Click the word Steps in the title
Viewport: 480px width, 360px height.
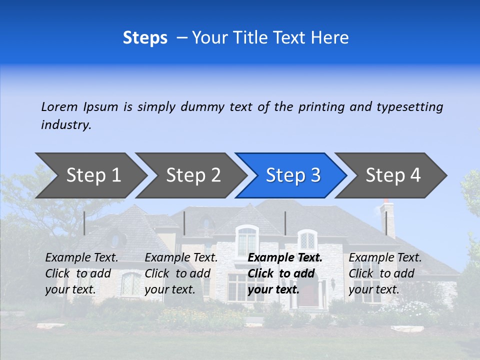(145, 38)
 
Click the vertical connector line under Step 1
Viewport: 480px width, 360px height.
(84, 223)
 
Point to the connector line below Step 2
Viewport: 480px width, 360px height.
(184, 223)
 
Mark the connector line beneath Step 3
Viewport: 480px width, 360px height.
(285, 223)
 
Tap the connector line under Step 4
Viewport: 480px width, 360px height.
(386, 223)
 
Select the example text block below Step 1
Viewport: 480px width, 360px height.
(81, 273)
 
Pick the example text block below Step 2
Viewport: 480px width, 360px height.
(181, 273)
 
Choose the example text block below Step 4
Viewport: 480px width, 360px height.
(385, 273)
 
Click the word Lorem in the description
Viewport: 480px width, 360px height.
(59, 107)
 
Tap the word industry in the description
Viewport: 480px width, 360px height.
(66, 125)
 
